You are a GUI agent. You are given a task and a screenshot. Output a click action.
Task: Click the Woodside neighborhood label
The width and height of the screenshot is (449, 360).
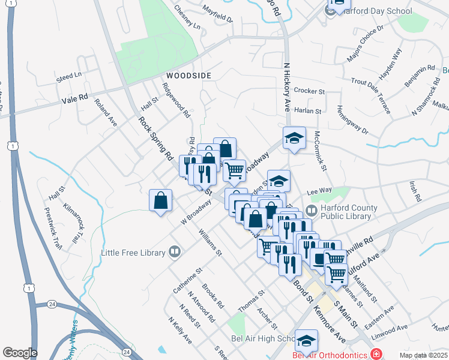click(x=189, y=76)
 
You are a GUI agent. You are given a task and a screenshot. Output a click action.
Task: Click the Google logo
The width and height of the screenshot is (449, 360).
click(x=20, y=353)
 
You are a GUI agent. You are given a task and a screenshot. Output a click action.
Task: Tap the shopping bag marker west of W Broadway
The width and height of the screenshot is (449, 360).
click(x=161, y=201)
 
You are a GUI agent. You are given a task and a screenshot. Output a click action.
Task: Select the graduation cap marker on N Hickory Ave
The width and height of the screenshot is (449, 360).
click(x=294, y=138)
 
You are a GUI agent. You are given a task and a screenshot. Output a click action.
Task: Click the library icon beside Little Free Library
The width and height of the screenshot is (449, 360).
click(x=174, y=253)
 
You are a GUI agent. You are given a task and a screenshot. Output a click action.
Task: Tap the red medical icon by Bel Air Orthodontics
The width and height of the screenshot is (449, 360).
click(x=376, y=354)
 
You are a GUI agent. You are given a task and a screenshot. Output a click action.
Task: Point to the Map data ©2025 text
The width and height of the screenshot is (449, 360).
click(x=423, y=355)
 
